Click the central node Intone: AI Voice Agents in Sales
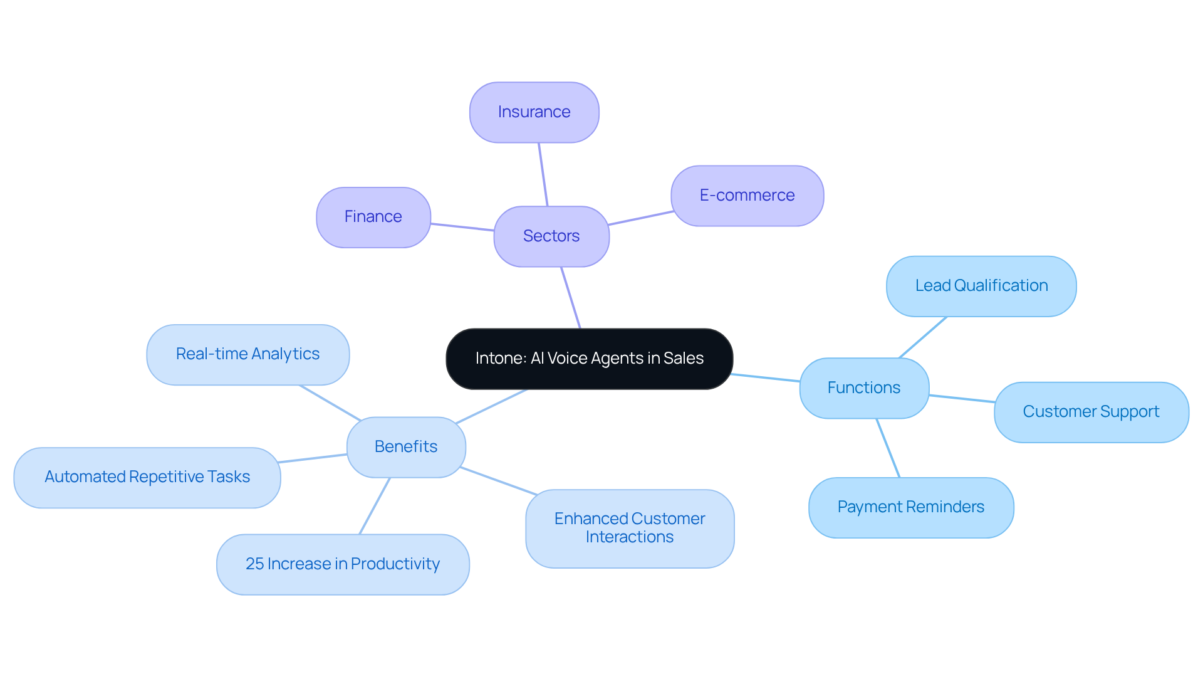[589, 359]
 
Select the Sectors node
[551, 236]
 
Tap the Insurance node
[534, 112]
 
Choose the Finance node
[373, 217]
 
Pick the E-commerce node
[747, 196]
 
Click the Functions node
[864, 388]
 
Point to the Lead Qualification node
[981, 286]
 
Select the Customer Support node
[1091, 412]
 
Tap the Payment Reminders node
[910, 507]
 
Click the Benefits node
[406, 447]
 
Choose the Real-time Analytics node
[247, 354]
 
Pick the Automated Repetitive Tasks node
[147, 477]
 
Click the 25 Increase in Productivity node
[343, 564]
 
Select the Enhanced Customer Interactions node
[630, 528]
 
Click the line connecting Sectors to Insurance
[543, 174]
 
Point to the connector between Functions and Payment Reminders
[888, 448]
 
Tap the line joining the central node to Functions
[766, 377]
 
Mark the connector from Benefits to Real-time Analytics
[330, 403]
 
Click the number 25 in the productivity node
[254, 564]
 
